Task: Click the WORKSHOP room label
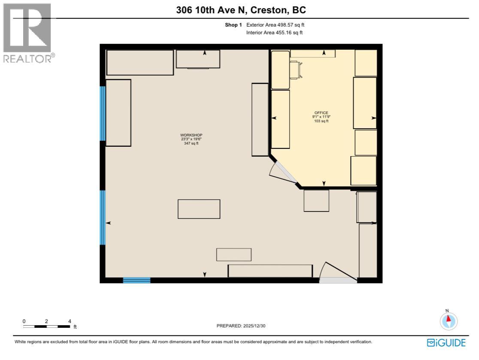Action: [x=191, y=135]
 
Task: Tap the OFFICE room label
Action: [x=321, y=113]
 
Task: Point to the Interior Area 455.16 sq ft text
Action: [x=274, y=33]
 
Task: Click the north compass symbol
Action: [x=449, y=321]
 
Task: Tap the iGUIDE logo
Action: [x=446, y=342]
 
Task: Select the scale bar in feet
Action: [x=47, y=326]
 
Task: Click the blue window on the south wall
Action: [x=136, y=281]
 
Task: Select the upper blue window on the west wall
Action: [x=103, y=114]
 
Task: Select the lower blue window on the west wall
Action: [x=103, y=218]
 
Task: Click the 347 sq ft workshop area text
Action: [x=191, y=143]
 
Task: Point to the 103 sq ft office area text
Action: [x=321, y=121]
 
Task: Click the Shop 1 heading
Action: [x=233, y=25]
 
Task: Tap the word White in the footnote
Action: [x=21, y=342]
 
